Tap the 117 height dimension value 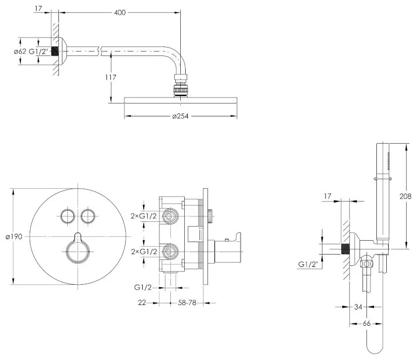110,77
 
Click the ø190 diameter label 14,236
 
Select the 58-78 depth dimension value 187,302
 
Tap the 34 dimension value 358,307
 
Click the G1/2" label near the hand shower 308,265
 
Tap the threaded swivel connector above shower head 180,86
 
